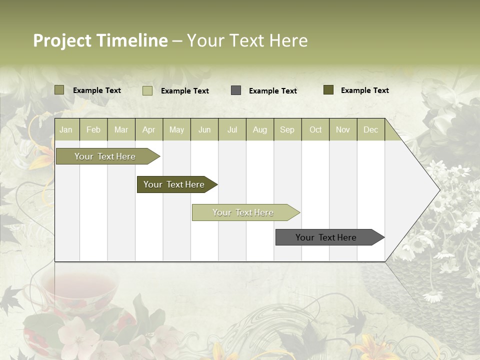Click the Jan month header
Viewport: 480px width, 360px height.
tap(66, 130)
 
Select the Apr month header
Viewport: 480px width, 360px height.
tap(149, 130)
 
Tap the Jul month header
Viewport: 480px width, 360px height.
tap(232, 130)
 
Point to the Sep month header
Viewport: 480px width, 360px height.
tap(287, 130)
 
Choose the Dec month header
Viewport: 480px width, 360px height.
tap(370, 130)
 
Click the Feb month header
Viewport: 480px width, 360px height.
tap(93, 130)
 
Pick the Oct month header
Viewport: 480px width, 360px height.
tap(315, 130)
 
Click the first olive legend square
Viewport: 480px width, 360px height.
tap(59, 90)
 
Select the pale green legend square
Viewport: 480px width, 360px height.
tap(147, 90)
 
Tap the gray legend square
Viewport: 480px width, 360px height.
tap(236, 90)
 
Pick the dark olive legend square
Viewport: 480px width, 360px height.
tap(328, 90)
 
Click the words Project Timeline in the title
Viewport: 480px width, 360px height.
tap(100, 40)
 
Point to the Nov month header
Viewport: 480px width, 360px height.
tap(343, 130)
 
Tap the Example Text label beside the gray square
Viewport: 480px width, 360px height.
tap(272, 91)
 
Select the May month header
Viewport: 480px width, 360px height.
tap(176, 130)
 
